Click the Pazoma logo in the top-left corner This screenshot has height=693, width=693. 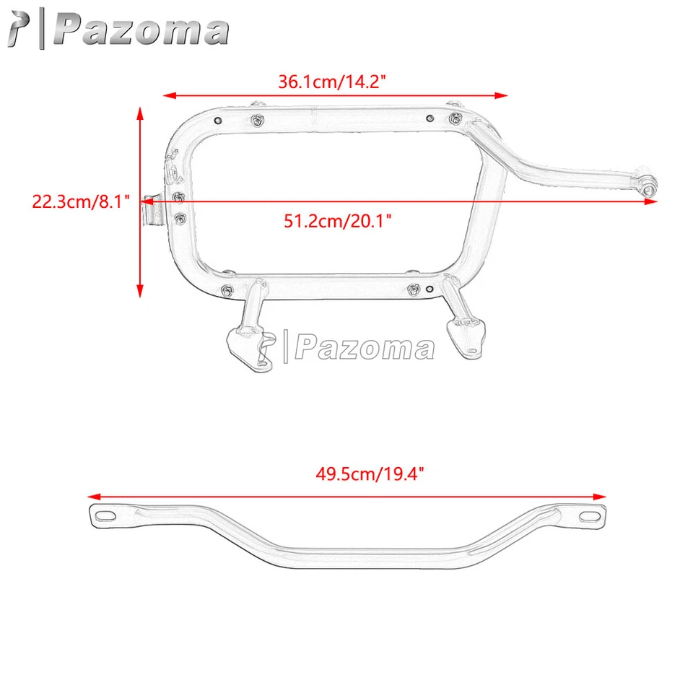115,30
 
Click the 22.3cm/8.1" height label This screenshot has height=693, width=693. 80,201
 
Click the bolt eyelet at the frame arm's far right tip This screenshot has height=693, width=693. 649,189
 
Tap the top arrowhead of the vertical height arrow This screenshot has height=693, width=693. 139,109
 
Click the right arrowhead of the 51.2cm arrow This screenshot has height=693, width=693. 653,202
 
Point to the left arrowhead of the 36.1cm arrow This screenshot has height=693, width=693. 167,95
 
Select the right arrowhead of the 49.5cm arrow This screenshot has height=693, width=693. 601,496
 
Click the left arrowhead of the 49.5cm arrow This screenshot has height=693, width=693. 92,496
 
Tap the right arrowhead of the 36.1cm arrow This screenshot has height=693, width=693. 503,95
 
